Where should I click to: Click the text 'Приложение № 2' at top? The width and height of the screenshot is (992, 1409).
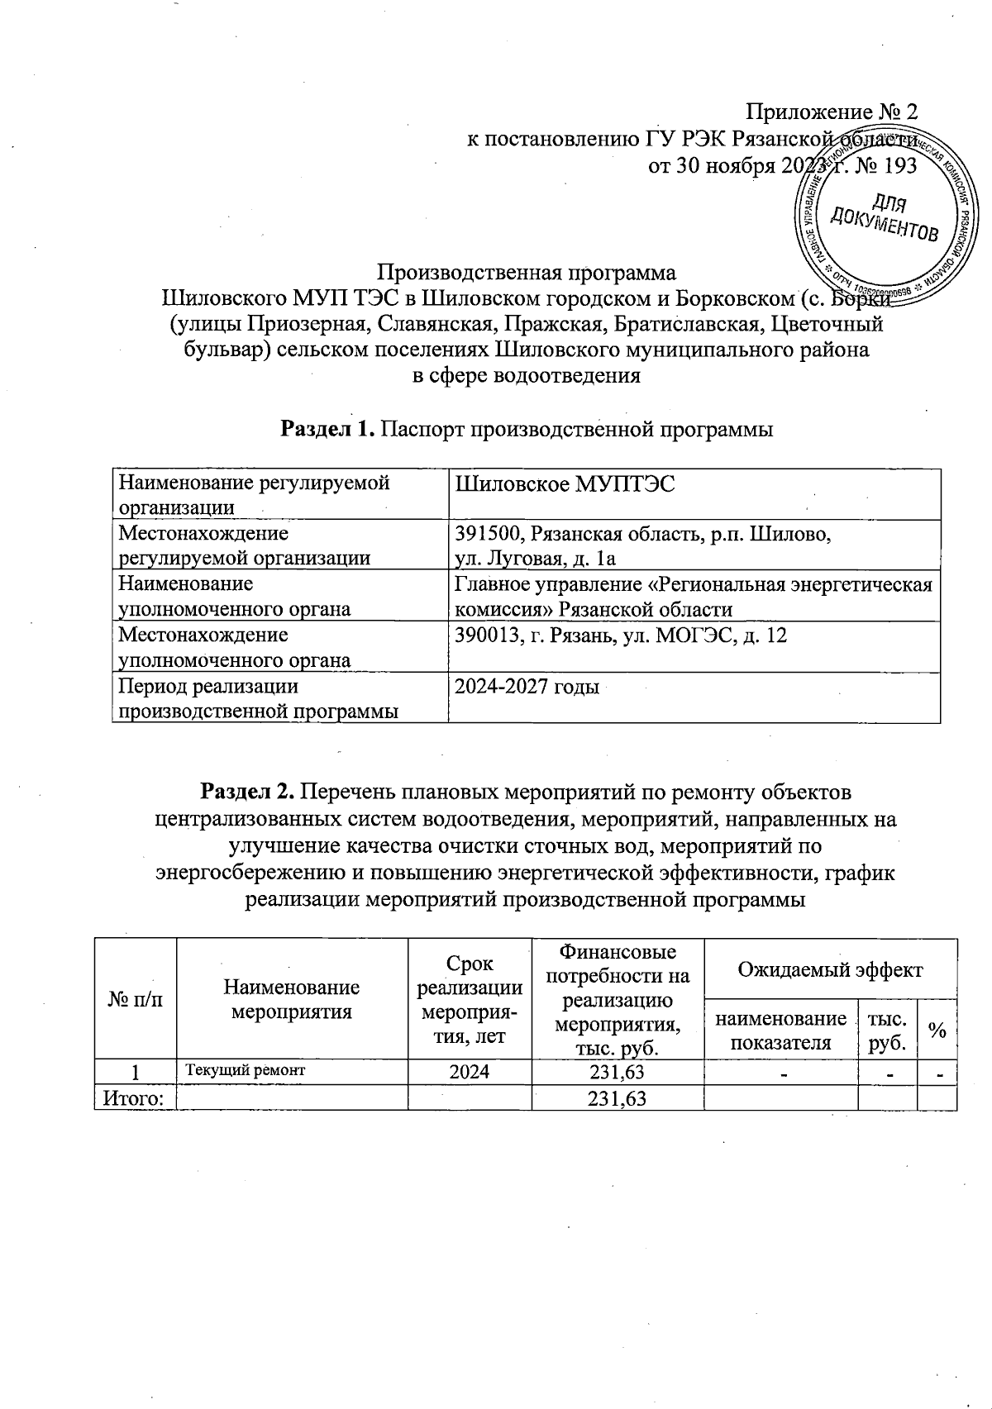coord(832,112)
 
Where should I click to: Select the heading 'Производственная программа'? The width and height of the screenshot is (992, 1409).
coord(526,272)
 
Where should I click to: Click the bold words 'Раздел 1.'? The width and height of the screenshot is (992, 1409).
coord(328,429)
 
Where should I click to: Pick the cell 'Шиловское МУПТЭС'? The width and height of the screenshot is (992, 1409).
coord(565,484)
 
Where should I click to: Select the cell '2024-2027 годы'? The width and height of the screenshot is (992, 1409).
coord(527,687)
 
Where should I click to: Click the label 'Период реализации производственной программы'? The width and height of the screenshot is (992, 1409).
coord(257,698)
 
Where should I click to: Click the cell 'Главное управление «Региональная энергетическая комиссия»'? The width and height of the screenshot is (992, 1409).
coord(693,596)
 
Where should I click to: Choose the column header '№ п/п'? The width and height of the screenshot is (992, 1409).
coord(136,998)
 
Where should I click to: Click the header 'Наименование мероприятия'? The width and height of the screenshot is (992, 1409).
coord(292,998)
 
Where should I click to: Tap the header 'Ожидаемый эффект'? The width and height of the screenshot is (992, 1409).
coord(829,969)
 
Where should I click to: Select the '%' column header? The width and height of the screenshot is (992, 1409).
coord(937,1029)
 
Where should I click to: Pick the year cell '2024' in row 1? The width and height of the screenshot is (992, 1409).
coord(469,1072)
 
